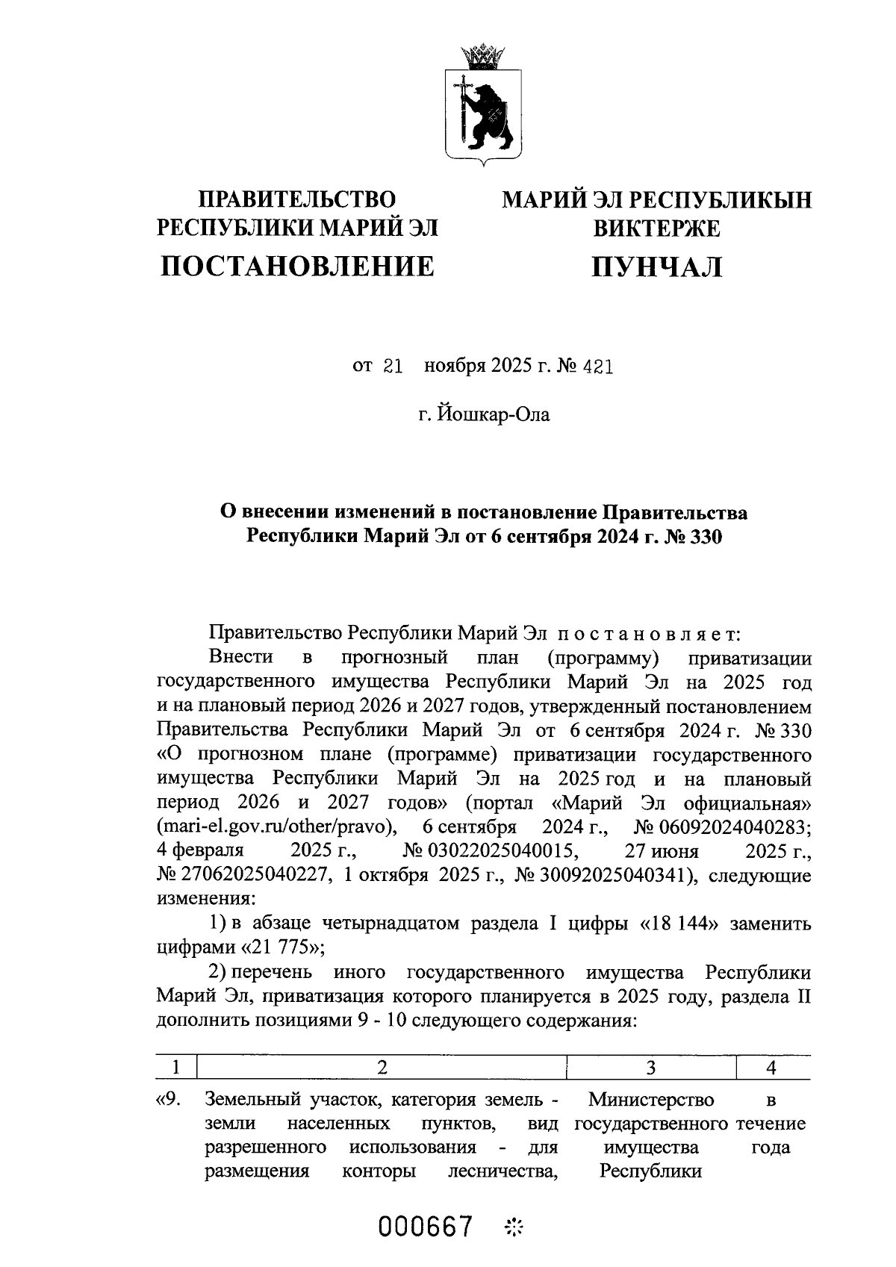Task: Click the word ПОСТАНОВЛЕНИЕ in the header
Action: click(x=297, y=266)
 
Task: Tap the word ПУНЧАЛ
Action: click(x=656, y=267)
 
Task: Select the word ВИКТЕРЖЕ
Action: click(x=656, y=228)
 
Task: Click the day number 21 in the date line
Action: click(x=392, y=367)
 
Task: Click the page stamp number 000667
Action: click(x=426, y=1226)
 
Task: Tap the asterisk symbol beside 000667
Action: click(x=514, y=1226)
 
